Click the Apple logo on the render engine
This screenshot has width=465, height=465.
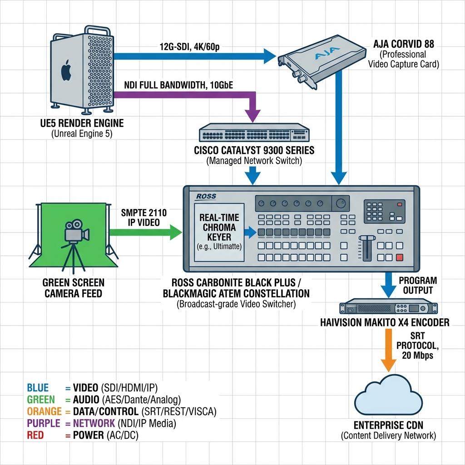click(x=66, y=70)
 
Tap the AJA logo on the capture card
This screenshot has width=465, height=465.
click(x=327, y=53)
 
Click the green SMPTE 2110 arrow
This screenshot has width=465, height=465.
click(x=146, y=232)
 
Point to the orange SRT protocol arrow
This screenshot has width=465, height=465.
click(x=389, y=350)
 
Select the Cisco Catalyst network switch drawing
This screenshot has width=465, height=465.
click(x=254, y=133)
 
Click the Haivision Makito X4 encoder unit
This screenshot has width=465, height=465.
click(x=389, y=307)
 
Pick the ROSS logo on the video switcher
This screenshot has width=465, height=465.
click(x=206, y=196)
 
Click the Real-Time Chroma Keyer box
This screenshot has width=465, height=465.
click(x=219, y=232)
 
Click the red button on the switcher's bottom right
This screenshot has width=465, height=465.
click(x=400, y=257)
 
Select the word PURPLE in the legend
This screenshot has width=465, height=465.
click(x=44, y=423)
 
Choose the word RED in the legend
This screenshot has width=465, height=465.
click(x=35, y=435)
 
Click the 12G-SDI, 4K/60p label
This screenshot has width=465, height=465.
click(x=189, y=47)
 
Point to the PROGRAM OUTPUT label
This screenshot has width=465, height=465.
click(x=418, y=285)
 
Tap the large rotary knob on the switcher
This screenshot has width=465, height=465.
click(x=341, y=203)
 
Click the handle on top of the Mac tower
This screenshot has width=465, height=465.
click(x=98, y=30)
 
